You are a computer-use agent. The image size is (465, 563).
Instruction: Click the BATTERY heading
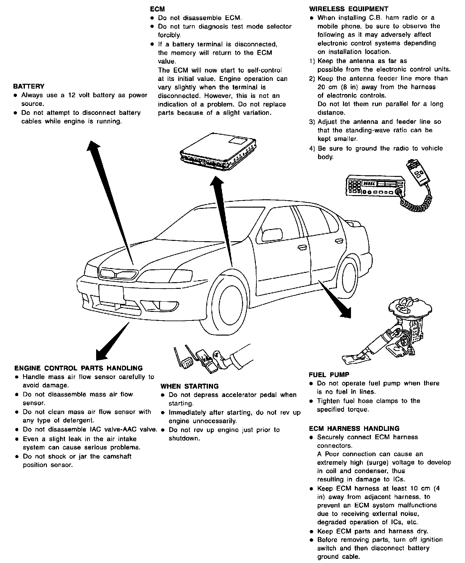pyautogui.click(x=29, y=86)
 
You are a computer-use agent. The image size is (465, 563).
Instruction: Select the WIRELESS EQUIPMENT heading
pyautogui.click(x=349, y=9)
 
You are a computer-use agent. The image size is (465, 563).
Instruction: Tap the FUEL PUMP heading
pyautogui.click(x=329, y=375)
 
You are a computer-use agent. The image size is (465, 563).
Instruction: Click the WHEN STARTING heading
pyautogui.click(x=189, y=386)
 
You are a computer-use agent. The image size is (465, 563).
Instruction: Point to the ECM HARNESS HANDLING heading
pyautogui.click(x=354, y=428)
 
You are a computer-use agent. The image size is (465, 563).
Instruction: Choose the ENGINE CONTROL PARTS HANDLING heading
pyautogui.click(x=79, y=368)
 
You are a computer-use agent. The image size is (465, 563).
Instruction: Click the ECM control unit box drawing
pyautogui.click(x=218, y=150)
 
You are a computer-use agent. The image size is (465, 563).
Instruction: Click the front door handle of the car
pyautogui.click(x=301, y=247)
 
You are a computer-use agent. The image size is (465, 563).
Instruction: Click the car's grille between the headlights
pyautogui.click(x=118, y=274)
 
